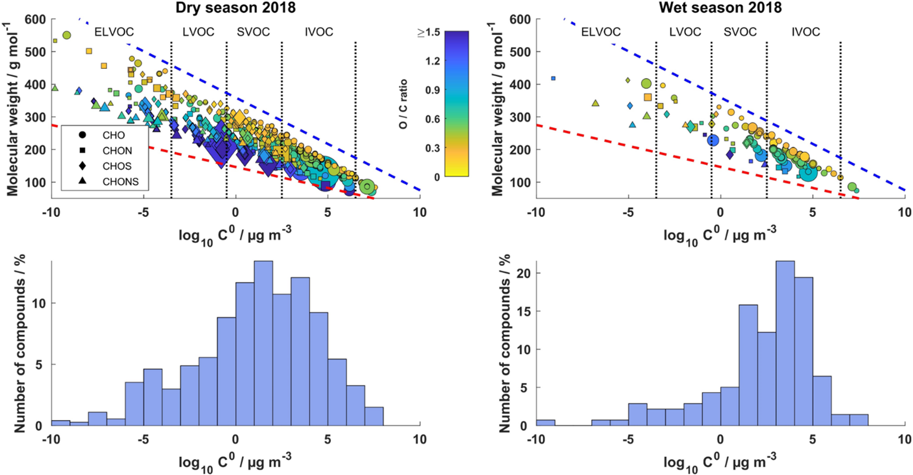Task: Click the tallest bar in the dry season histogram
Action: (x=263, y=343)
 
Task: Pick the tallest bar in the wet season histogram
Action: (x=785, y=343)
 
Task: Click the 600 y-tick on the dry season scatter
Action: (x=38, y=19)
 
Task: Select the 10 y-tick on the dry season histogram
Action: (x=39, y=303)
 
